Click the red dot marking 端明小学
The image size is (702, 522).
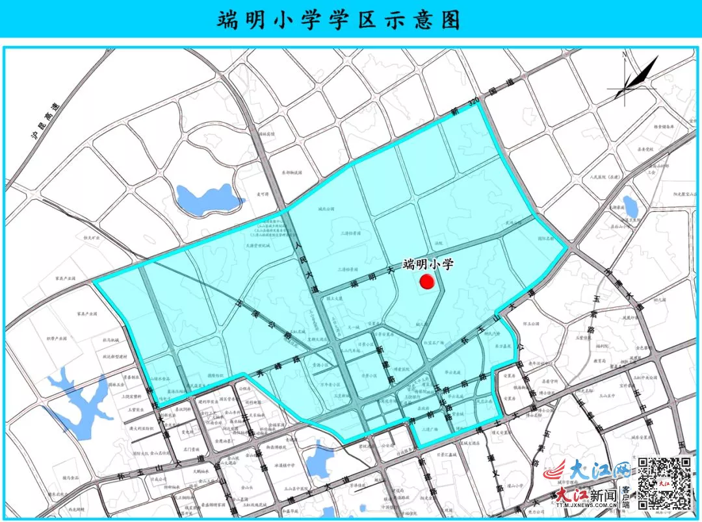pyautogui.click(x=427, y=281)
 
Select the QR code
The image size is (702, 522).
pyautogui.click(x=662, y=481)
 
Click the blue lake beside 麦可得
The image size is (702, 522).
pyautogui.click(x=200, y=196)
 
